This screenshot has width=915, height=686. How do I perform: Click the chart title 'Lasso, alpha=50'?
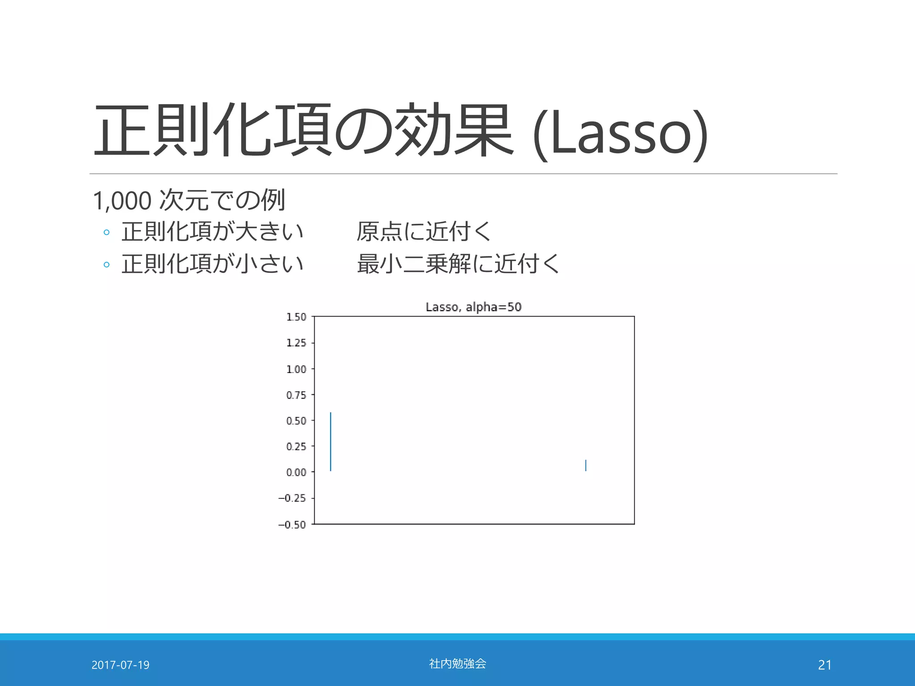[474, 307]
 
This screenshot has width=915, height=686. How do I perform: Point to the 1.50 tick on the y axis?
[296, 317]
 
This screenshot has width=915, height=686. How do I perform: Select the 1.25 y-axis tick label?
[296, 343]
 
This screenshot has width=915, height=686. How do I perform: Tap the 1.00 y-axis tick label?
[296, 369]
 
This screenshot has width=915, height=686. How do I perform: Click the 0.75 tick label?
[296, 395]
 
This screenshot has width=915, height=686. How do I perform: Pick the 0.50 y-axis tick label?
[296, 421]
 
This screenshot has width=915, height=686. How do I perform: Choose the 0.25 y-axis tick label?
[296, 447]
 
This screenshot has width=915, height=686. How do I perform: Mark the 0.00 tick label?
[296, 473]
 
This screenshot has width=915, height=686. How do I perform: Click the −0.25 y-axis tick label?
[292, 498]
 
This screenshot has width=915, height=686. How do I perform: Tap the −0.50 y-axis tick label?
[292, 525]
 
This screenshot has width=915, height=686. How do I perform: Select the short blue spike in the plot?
[586, 465]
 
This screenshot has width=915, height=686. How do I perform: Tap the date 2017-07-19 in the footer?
[120, 665]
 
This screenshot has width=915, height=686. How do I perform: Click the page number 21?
[825, 665]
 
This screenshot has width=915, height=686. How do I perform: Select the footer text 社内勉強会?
[457, 664]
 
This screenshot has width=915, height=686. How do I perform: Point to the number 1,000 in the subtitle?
[122, 201]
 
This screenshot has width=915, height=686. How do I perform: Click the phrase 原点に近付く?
[424, 232]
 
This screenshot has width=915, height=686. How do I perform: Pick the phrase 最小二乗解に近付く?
[458, 264]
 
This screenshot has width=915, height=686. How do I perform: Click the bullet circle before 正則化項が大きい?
[106, 232]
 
